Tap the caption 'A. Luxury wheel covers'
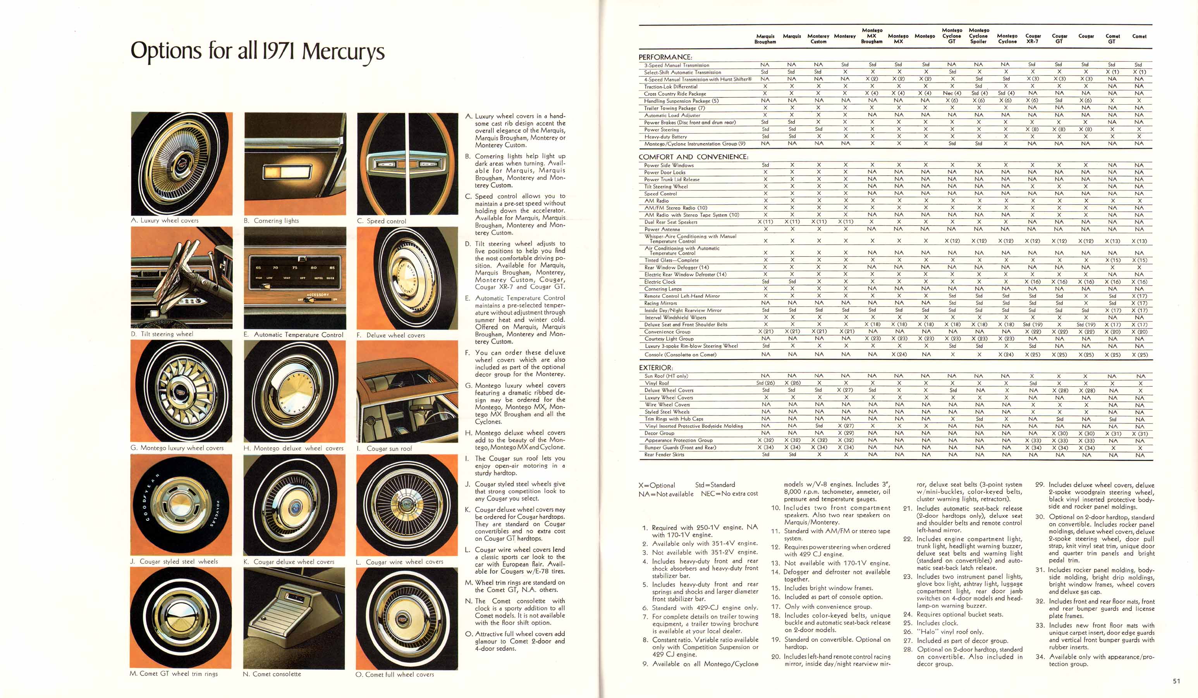(165, 220)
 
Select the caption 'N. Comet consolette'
(272, 674)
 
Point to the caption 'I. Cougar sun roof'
(384, 448)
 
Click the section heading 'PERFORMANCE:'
(665, 57)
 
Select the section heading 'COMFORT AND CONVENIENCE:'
(693, 157)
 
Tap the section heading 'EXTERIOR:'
(656, 368)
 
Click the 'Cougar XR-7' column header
(1033, 38)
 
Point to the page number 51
(1176, 681)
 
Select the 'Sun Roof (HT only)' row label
(666, 376)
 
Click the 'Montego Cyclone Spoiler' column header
(978, 36)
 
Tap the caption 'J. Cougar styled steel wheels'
(174, 562)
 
